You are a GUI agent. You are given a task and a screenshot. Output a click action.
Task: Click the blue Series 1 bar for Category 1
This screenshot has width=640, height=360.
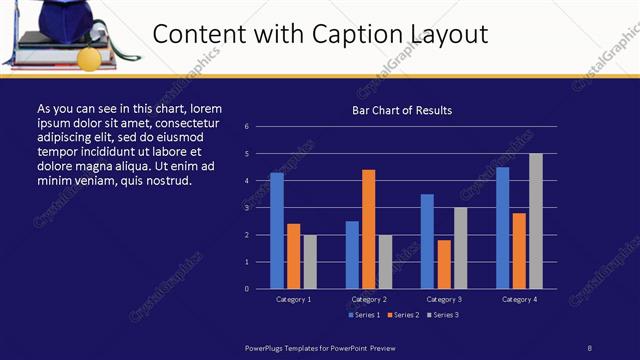coord(277,231)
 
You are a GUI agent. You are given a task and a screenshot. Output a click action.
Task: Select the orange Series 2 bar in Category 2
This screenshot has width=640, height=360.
coord(369,229)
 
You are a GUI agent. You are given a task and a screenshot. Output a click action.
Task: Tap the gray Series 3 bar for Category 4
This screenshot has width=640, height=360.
coord(536,221)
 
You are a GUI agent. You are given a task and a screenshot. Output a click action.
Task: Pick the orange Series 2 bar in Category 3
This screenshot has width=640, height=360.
coord(444,264)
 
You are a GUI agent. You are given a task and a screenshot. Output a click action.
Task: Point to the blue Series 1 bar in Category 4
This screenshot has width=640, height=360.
coord(502,228)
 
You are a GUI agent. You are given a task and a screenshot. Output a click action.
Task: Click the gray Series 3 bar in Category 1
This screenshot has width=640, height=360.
coord(310,262)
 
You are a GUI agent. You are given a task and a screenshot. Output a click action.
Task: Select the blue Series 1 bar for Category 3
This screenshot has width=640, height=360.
coord(427,241)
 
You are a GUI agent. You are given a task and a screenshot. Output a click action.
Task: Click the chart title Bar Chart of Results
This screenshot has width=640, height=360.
coord(402,110)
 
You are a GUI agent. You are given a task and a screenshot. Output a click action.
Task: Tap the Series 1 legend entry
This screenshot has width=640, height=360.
coord(363,315)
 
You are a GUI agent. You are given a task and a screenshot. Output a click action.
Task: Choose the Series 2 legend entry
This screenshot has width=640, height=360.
coord(402,315)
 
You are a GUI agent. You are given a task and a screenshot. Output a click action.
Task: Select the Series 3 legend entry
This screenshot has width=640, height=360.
coord(441,315)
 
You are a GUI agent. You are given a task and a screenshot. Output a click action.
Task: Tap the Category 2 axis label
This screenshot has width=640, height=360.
coord(369,299)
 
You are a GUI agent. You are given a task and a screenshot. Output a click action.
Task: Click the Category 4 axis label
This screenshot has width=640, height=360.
coord(519,299)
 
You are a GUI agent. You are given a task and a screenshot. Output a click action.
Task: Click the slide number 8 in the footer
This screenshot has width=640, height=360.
coord(589,347)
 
